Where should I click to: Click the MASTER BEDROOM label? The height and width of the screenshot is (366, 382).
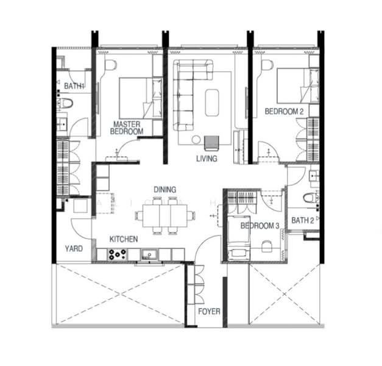[x=127, y=127]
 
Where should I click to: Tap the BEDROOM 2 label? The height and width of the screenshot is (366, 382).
[x=284, y=111]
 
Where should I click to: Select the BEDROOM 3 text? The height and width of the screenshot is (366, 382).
[x=260, y=226]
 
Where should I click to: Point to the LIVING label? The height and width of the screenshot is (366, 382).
[x=207, y=159]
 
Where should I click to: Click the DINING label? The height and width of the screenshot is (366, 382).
[x=165, y=190]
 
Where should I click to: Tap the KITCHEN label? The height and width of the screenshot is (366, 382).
[x=123, y=239]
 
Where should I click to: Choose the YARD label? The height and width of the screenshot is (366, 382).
[x=74, y=249]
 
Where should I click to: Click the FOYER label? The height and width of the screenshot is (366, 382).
[x=209, y=312]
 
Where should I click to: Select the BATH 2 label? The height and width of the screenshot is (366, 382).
[x=302, y=220]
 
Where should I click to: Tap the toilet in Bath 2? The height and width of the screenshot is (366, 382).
[x=310, y=197]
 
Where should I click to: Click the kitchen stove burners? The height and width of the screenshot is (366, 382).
[x=116, y=255]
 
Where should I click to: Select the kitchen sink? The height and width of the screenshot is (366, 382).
[x=148, y=254]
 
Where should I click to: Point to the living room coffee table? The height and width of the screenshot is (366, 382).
[x=213, y=102]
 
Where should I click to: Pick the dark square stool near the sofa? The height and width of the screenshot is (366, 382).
[x=211, y=142]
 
